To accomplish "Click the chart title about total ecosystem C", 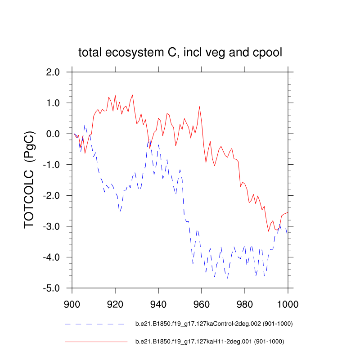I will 180,53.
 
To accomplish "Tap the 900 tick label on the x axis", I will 72,302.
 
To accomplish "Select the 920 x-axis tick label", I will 115,302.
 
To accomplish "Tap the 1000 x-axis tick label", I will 288,302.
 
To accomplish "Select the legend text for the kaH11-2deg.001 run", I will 210,342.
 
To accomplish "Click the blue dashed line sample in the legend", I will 94,324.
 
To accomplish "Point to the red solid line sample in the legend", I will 96,342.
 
